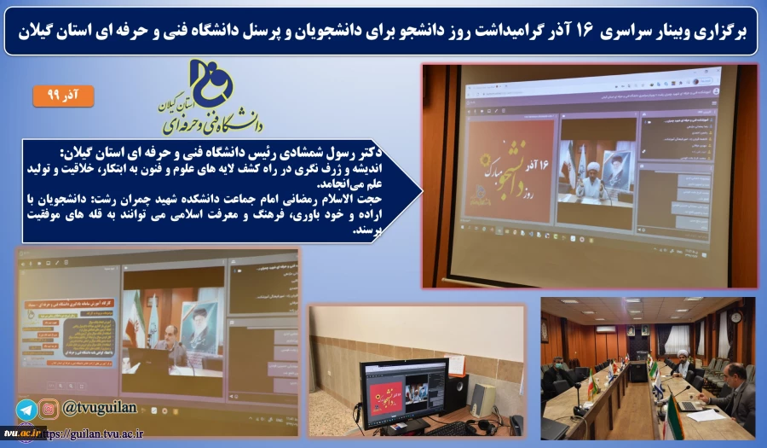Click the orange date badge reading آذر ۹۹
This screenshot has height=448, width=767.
(64, 95)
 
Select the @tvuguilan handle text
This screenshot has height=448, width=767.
(99, 410)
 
